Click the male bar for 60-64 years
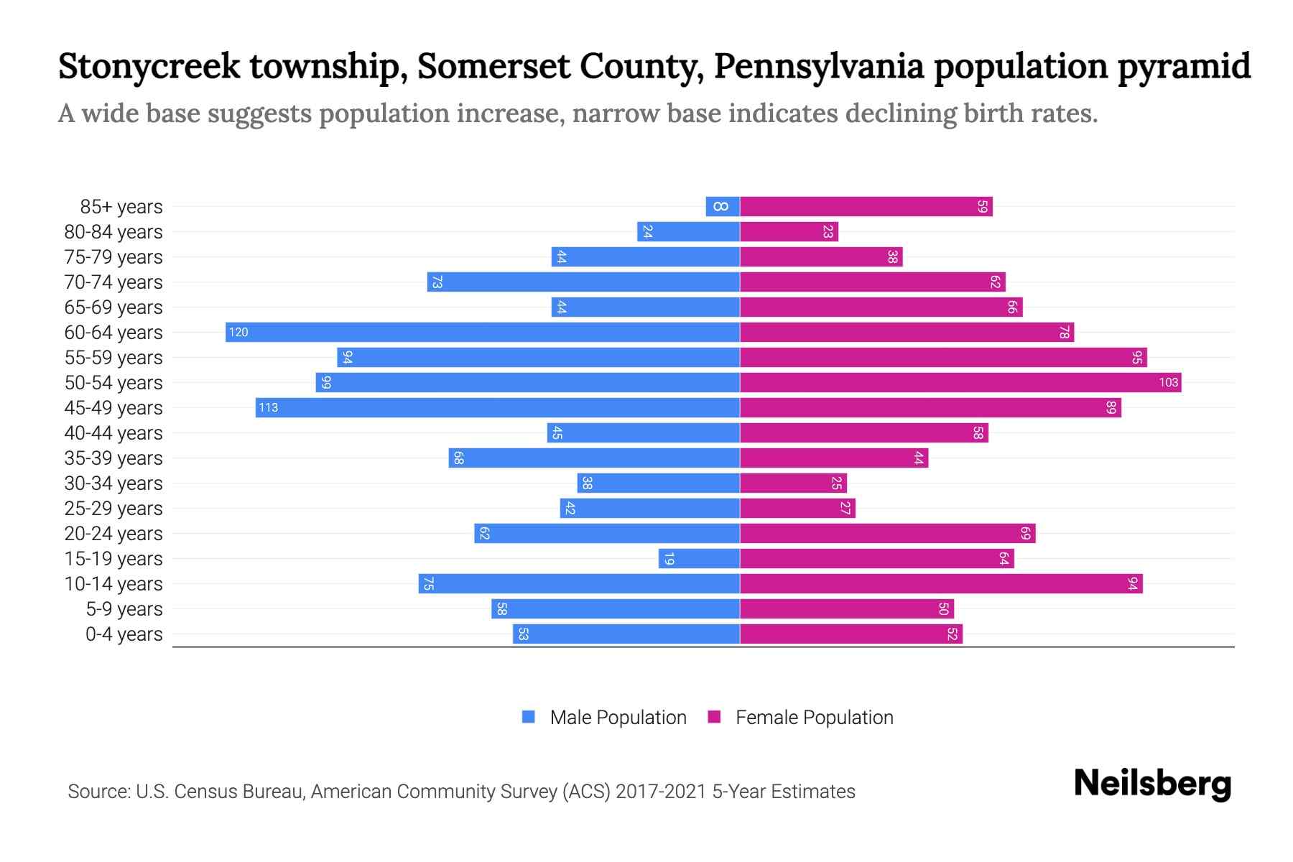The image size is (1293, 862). pyautogui.click(x=483, y=332)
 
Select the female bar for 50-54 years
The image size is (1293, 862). pyautogui.click(x=960, y=382)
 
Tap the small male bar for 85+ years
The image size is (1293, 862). pyautogui.click(x=723, y=207)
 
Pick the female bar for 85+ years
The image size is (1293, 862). pyautogui.click(x=866, y=207)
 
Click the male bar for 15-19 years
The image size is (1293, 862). pyautogui.click(x=699, y=558)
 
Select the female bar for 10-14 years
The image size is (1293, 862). pyautogui.click(x=941, y=583)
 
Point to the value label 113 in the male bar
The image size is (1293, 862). pyautogui.click(x=268, y=407)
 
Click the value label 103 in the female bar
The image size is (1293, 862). pyautogui.click(x=1168, y=382)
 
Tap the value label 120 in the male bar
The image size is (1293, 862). pyautogui.click(x=238, y=332)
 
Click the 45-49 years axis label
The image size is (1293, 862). pyautogui.click(x=113, y=408)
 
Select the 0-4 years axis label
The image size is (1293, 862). pyautogui.click(x=124, y=634)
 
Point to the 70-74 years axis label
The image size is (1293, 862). pyautogui.click(x=113, y=282)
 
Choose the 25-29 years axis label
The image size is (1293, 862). pyautogui.click(x=113, y=509)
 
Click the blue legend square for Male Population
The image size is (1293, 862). pyautogui.click(x=529, y=717)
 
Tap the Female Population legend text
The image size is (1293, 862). pyautogui.click(x=814, y=717)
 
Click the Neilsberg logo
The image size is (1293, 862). pyautogui.click(x=1152, y=784)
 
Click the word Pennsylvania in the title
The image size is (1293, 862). pyautogui.click(x=818, y=67)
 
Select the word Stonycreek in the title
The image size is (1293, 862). pyautogui.click(x=149, y=67)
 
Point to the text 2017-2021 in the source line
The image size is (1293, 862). pyautogui.click(x=661, y=792)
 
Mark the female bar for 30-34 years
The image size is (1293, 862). pyautogui.click(x=793, y=483)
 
